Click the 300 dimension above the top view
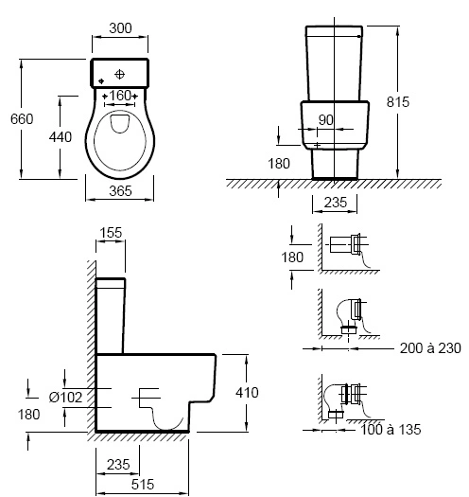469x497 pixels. pos(120,28)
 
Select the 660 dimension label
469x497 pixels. pos(22,119)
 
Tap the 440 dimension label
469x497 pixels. pos(61,137)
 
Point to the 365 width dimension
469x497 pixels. pos(120,191)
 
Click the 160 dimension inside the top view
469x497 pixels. pos(120,96)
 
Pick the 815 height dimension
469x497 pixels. pos(398,102)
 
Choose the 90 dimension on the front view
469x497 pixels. pos(326,120)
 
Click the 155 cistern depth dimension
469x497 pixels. pos(111,233)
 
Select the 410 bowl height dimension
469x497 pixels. pos(247,393)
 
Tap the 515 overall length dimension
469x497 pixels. pos(143,485)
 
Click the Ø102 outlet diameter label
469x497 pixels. pos(65,398)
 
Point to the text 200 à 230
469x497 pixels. pos(430,348)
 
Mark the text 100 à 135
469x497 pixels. pos(391,430)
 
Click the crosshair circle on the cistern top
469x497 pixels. pos(120,75)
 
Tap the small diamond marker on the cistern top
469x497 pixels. pos(101,81)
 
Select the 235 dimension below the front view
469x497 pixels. pos(336,203)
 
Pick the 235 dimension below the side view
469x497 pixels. pos(118,465)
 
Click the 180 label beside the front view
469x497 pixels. pos(279,164)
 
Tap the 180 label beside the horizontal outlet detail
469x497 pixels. pos(292,257)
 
